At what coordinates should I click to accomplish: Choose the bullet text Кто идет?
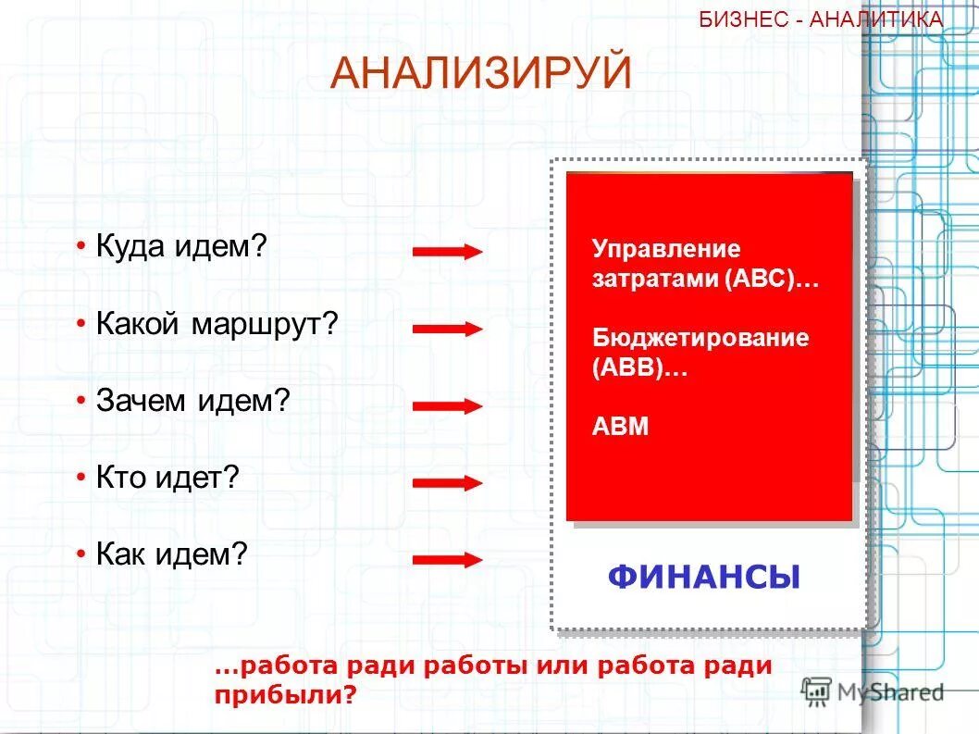[x=167, y=478]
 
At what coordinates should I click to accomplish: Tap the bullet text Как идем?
[x=172, y=554]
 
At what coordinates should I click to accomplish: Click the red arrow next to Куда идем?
[x=448, y=252]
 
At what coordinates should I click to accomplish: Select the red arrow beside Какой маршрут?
[x=448, y=329]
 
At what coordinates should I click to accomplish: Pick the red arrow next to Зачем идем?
[x=448, y=405]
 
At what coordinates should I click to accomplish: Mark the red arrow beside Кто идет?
[x=448, y=482]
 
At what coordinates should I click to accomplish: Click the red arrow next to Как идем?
[x=448, y=559]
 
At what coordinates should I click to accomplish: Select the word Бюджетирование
[x=700, y=338]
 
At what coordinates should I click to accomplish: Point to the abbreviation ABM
[x=620, y=427]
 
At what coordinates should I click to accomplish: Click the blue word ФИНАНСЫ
[x=704, y=578]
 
